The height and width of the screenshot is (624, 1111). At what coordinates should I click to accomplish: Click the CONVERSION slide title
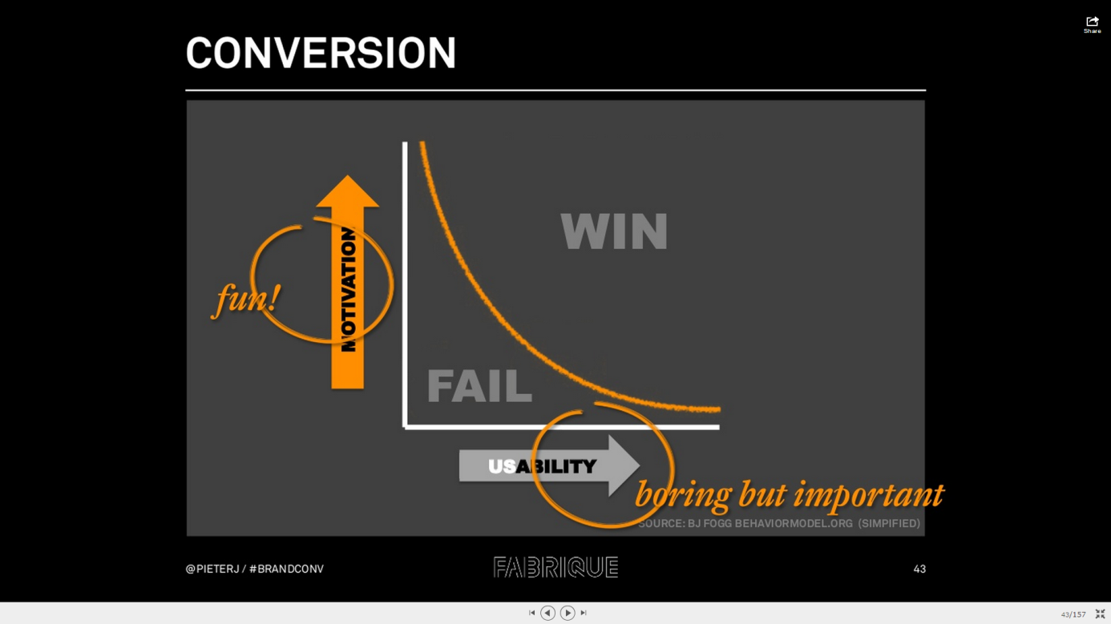(321, 53)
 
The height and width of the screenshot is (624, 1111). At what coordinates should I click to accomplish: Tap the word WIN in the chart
(614, 231)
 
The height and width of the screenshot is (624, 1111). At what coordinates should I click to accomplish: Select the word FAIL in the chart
(479, 386)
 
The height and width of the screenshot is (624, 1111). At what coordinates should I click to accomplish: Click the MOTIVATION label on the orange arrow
(349, 289)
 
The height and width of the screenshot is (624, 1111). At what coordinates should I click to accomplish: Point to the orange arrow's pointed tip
(347, 176)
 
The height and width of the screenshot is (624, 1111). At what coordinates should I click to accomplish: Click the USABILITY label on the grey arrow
(542, 466)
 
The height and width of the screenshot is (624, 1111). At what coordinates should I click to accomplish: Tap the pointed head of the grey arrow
(638, 465)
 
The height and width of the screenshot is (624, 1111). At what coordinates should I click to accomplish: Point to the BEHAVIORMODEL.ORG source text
(794, 523)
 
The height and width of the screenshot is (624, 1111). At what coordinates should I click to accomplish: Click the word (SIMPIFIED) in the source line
(889, 523)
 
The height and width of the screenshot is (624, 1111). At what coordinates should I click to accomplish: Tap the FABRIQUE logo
(555, 567)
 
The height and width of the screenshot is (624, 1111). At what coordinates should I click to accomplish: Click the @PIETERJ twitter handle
(212, 569)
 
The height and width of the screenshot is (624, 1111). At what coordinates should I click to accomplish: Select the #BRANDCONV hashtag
(286, 569)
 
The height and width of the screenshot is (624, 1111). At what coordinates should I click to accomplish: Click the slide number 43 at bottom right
(919, 569)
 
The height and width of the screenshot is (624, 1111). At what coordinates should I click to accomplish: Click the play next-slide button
(568, 613)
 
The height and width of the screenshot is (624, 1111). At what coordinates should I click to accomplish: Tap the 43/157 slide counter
(1073, 614)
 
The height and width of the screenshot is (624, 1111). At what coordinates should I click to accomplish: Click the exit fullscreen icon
(1100, 614)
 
